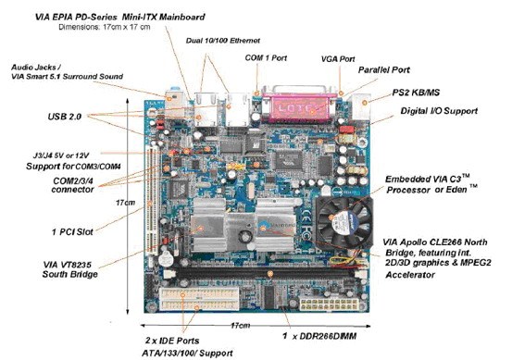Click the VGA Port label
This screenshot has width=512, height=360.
tap(338, 59)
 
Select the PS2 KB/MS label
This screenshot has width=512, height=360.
tap(416, 93)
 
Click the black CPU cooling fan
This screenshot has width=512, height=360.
tap(344, 221)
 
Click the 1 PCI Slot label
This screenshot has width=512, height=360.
tap(72, 232)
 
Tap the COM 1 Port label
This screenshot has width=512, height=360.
tap(266, 58)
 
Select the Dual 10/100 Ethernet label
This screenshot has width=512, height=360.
tap(223, 41)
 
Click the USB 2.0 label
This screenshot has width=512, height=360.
tap(65, 117)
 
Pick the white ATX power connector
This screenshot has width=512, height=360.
tap(330, 304)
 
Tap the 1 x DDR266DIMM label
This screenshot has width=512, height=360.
tap(319, 336)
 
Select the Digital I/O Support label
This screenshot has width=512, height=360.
tap(439, 111)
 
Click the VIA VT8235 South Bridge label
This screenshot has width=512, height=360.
tap(69, 269)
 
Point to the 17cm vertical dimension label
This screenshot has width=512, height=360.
tap(125, 203)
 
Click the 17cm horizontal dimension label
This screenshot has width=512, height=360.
tap(241, 326)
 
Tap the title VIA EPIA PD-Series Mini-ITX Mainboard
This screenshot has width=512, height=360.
tap(119, 17)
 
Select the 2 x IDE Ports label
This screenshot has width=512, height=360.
tap(172, 341)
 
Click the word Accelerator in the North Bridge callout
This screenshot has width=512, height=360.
tap(410, 275)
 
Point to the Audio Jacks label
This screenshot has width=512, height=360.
tap(36, 68)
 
